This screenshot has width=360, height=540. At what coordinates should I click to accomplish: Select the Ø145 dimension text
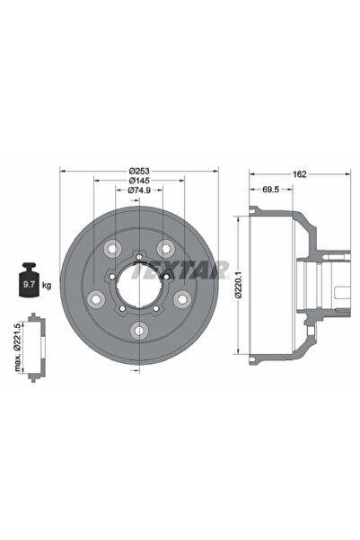point(138,181)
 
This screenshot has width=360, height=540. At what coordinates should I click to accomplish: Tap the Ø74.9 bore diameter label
point(138,190)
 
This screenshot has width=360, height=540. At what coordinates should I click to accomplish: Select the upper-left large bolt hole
point(111,249)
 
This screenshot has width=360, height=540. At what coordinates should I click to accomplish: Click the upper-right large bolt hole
point(165,249)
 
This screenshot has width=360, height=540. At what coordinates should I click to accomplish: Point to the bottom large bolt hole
point(138,331)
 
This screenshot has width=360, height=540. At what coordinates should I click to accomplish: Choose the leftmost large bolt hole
point(95,299)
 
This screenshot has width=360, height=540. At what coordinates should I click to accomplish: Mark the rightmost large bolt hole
point(181,299)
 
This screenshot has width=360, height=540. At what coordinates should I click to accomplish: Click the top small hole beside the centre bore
point(138,254)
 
